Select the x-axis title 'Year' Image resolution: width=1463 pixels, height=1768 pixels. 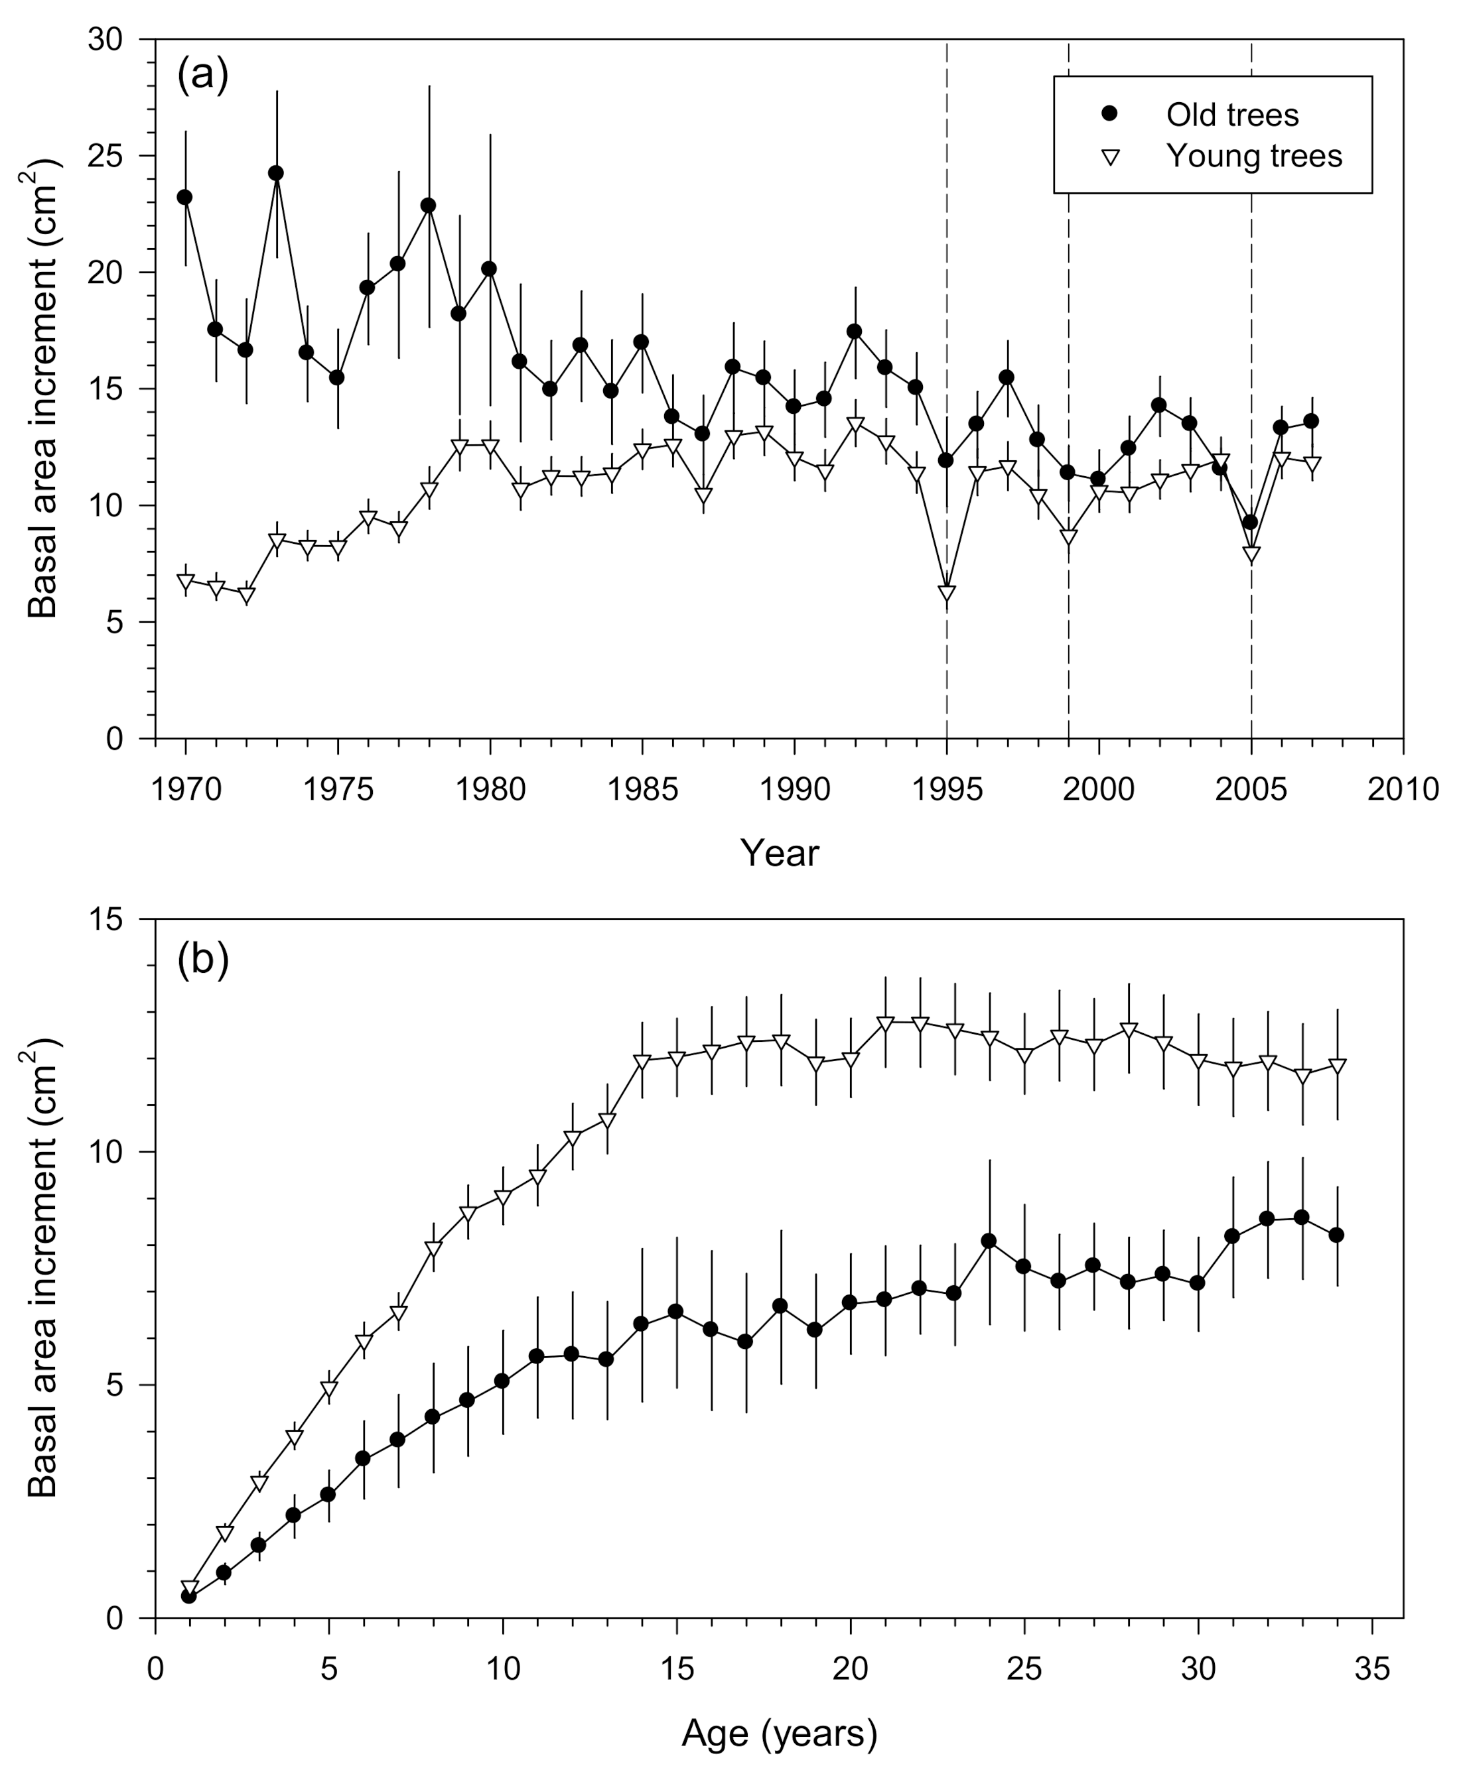coord(779,853)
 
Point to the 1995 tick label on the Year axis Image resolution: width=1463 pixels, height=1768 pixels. coord(947,789)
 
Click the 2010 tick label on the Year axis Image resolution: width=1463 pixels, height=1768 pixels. coord(1403,789)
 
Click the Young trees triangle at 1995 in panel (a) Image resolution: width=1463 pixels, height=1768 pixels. coord(947,593)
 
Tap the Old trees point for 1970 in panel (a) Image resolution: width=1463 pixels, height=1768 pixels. coord(184,197)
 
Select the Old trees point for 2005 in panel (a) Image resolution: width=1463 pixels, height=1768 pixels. coord(1251,522)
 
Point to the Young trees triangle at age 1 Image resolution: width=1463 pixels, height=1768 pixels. coord(190,1588)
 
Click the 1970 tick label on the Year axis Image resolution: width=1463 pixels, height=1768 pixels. coord(185,789)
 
